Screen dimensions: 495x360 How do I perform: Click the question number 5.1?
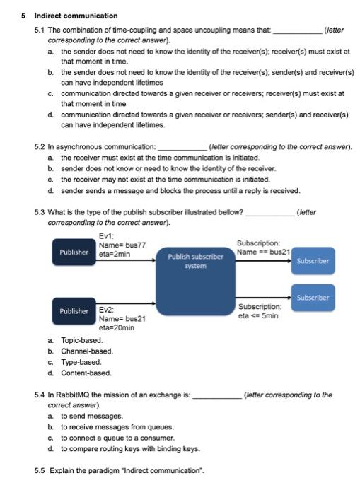[40, 31]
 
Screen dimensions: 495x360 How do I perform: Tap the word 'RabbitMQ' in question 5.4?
[66, 395]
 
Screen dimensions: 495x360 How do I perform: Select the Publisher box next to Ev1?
[74, 252]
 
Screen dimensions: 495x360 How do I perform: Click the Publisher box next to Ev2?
[74, 311]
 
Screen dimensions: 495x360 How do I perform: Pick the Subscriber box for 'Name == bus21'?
[313, 260]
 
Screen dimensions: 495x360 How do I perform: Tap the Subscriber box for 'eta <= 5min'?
[313, 298]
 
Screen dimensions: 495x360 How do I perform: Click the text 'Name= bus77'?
[122, 245]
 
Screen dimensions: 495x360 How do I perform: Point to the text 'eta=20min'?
[117, 327]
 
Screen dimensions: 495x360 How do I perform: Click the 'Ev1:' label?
[107, 236]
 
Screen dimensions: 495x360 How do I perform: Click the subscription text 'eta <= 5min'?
[259, 316]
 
